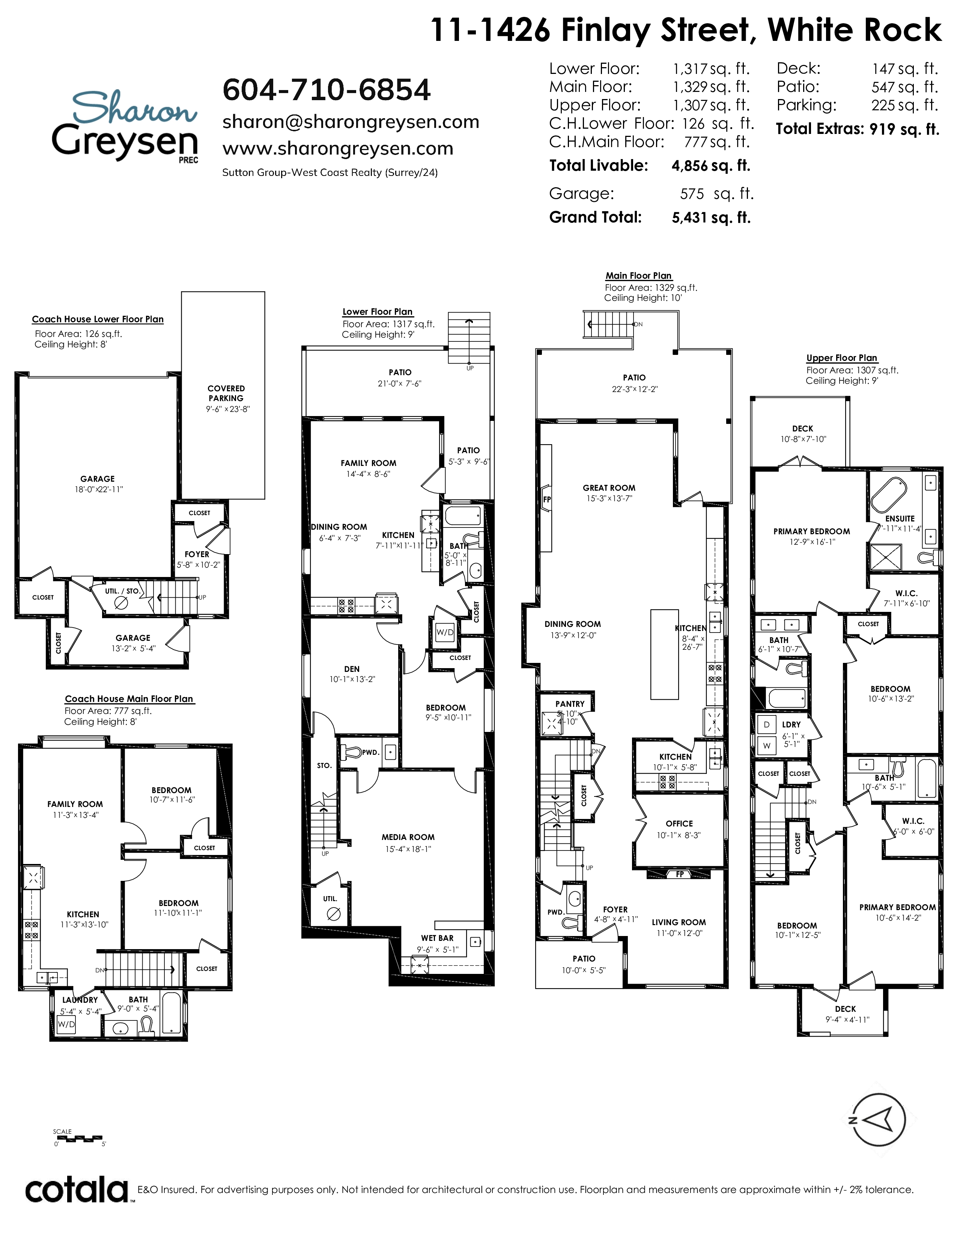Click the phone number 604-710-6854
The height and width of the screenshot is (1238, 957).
click(327, 90)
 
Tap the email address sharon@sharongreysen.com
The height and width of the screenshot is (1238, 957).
click(351, 122)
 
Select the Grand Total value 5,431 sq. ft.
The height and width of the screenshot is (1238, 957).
click(711, 218)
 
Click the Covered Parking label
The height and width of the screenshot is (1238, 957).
click(226, 394)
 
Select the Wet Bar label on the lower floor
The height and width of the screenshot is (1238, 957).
click(437, 938)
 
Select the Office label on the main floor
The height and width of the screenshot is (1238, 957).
click(679, 823)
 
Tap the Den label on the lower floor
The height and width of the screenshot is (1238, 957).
click(352, 669)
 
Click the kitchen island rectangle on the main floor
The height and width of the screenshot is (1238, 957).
click(664, 655)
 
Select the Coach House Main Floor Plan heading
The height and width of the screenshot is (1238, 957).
click(129, 699)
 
